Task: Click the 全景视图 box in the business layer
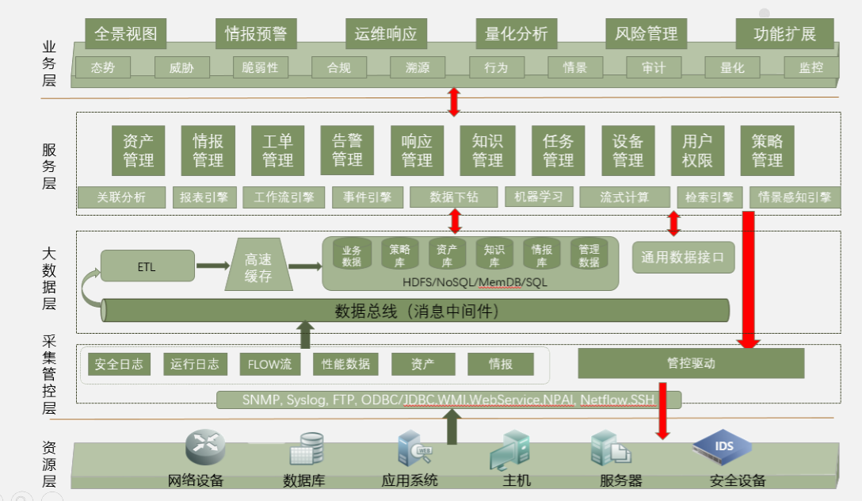[x=126, y=34]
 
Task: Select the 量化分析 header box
[x=517, y=34]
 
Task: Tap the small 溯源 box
[x=418, y=68]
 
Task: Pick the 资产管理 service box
[x=138, y=151]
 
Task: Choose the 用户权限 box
[x=697, y=151]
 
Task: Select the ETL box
[x=147, y=266]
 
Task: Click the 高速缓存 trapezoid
[x=258, y=266]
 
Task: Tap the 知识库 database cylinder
[x=494, y=254]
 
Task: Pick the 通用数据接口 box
[x=683, y=258]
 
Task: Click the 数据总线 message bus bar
[x=416, y=311]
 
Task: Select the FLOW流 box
[x=269, y=365]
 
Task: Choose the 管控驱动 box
[x=691, y=364]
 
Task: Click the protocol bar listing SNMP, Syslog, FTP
[x=448, y=400]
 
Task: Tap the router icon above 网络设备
[x=205, y=448]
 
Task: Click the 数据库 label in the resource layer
[x=303, y=481]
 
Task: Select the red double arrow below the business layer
[x=454, y=101]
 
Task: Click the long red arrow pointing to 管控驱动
[x=748, y=277]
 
